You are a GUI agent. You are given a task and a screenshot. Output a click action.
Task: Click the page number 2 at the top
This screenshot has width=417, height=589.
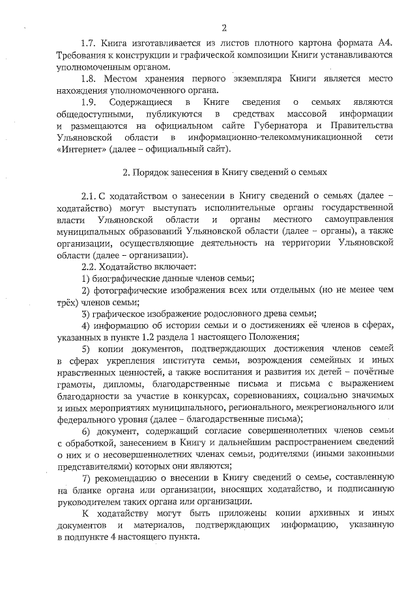coord(223,27)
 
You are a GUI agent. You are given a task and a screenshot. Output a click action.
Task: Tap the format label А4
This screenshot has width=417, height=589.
coord(384,43)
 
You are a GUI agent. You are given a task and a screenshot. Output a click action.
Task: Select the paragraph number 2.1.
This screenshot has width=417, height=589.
coord(89,197)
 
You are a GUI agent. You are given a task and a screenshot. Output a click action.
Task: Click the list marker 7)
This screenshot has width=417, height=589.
coord(85,480)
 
